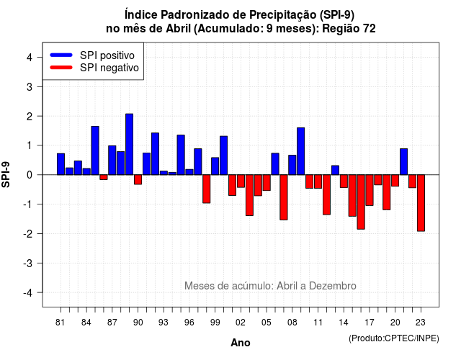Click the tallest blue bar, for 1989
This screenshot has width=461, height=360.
pos(130,144)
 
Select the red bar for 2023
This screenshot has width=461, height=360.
pos(421,203)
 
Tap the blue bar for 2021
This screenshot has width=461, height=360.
pos(403,161)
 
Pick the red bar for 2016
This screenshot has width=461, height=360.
pos(361,202)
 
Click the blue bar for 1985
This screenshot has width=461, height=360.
pos(95,150)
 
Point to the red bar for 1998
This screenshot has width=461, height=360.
pos(207,189)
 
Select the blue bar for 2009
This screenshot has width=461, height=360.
pos(301,151)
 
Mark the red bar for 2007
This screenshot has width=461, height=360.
pos(284,197)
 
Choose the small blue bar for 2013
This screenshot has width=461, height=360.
pos(335,170)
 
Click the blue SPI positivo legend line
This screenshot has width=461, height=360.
pos(61,55)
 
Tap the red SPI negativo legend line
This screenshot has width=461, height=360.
pos(61,68)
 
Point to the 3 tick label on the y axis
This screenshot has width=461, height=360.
pos(30,86)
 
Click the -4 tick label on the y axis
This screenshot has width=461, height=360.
pos(28,293)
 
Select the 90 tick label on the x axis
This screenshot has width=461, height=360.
pos(138,323)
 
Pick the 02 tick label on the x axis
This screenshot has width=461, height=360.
pos(241,323)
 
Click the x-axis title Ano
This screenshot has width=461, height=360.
pos(241,343)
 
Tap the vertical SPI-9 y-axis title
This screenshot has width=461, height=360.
pos(6,175)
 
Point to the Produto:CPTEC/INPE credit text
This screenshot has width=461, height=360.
pos(394,338)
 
